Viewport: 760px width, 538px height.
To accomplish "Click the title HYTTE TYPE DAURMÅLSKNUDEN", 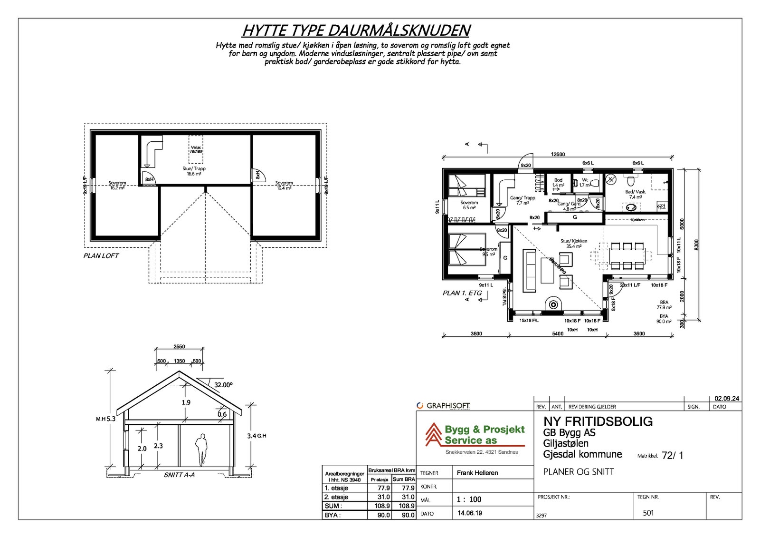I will coord(356,30).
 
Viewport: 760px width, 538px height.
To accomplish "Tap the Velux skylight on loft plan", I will coord(196,149).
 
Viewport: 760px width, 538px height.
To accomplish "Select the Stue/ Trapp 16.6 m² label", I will coord(194,171).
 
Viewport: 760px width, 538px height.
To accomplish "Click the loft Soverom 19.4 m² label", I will coord(284,186).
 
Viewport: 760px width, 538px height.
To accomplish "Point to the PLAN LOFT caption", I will coord(101,255).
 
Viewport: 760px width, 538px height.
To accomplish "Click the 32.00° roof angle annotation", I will coord(223,385).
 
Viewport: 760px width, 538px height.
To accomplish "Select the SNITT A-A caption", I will coord(179,475).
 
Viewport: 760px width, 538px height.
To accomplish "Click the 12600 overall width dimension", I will coord(558,154).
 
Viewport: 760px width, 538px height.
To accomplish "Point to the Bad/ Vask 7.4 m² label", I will coord(635,194).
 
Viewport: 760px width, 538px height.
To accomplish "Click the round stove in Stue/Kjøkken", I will coord(553,304).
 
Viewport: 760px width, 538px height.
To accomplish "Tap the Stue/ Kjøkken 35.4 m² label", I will coord(574,244).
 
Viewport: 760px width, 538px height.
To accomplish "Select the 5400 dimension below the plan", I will coord(558,333).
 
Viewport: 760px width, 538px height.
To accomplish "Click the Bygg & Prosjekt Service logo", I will coord(475,435).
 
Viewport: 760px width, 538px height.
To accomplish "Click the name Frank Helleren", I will coord(477,473).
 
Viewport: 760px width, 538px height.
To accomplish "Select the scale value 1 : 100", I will coord(469,499).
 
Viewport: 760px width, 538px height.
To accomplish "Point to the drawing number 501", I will coord(648,513).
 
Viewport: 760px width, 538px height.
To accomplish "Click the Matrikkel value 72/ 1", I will coord(672,455).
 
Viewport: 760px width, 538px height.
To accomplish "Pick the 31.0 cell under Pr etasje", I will coord(383,497).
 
